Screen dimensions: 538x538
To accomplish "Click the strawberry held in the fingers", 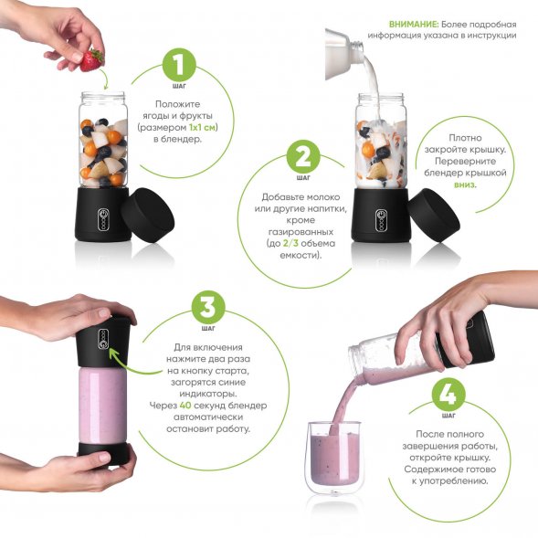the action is coord(92,60).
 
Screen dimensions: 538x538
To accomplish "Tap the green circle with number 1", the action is coord(179,65).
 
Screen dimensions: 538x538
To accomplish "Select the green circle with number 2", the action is coord(303,157).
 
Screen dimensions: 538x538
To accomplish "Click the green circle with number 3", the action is coord(208,307).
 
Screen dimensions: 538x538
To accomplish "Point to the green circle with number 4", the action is coord(448,395).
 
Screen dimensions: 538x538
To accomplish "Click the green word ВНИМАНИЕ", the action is coord(414,25).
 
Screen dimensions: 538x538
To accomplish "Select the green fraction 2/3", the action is coord(290,243).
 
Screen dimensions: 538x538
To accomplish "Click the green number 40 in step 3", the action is coord(185,406).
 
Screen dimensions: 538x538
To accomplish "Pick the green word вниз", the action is coord(465,185).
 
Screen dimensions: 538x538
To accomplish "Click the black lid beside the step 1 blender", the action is coord(148,215).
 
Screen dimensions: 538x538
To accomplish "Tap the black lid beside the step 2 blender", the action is coord(434,215).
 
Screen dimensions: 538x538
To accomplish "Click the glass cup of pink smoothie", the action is coord(334,458).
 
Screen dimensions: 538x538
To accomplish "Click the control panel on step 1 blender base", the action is coord(103,219).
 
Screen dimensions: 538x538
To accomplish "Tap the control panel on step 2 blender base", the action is coord(381,220).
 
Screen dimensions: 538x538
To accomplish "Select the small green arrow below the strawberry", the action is coord(104,79).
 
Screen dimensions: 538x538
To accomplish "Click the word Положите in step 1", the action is coord(177,104).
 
